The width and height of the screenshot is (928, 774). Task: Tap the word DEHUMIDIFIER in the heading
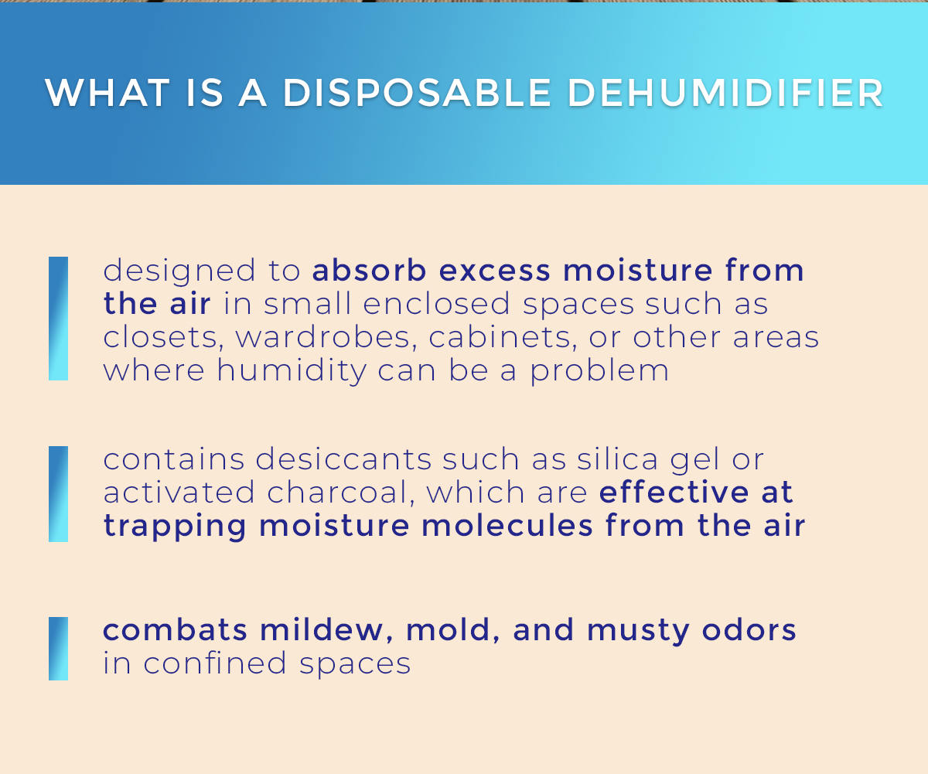(725, 93)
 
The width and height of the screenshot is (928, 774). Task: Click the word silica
(615, 459)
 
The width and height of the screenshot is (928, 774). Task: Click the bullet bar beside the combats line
(58, 648)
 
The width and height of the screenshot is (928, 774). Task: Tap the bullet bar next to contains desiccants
(58, 493)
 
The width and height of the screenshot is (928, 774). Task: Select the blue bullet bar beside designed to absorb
(58, 318)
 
